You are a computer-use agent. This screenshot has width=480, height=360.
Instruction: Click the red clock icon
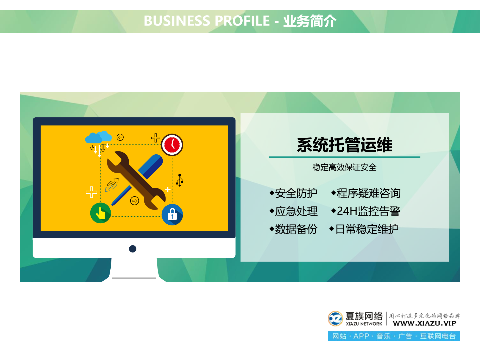[172, 145]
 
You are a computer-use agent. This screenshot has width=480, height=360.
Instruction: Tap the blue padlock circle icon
[172, 214]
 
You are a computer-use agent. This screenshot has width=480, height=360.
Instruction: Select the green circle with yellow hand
[100, 213]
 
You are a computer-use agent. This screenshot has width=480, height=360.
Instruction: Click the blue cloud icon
[98, 137]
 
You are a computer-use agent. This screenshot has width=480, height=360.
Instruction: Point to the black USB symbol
[180, 180]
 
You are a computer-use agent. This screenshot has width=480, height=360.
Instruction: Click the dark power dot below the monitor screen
[133, 249]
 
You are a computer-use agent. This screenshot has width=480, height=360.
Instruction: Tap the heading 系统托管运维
[344, 145]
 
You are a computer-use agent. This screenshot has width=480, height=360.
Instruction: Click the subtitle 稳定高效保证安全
[344, 167]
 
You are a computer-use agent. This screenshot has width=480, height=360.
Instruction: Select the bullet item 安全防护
[296, 193]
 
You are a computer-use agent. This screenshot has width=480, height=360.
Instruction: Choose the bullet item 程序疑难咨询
[368, 193]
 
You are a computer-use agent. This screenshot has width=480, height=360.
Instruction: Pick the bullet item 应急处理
[296, 211]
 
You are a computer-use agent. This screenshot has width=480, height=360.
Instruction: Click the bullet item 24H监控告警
[368, 211]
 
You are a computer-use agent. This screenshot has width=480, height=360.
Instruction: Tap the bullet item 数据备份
[296, 229]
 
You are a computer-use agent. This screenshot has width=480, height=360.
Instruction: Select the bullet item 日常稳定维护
[367, 229]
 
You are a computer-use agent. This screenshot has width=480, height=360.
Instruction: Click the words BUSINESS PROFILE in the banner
[207, 21]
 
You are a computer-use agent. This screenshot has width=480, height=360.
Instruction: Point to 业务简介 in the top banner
[310, 21]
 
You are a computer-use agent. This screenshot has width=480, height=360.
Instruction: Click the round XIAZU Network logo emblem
[335, 318]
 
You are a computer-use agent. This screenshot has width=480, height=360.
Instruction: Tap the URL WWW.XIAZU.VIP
[424, 323]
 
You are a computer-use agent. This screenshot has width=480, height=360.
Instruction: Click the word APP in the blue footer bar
[361, 336]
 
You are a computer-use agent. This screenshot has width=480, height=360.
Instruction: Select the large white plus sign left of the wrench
[91, 192]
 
